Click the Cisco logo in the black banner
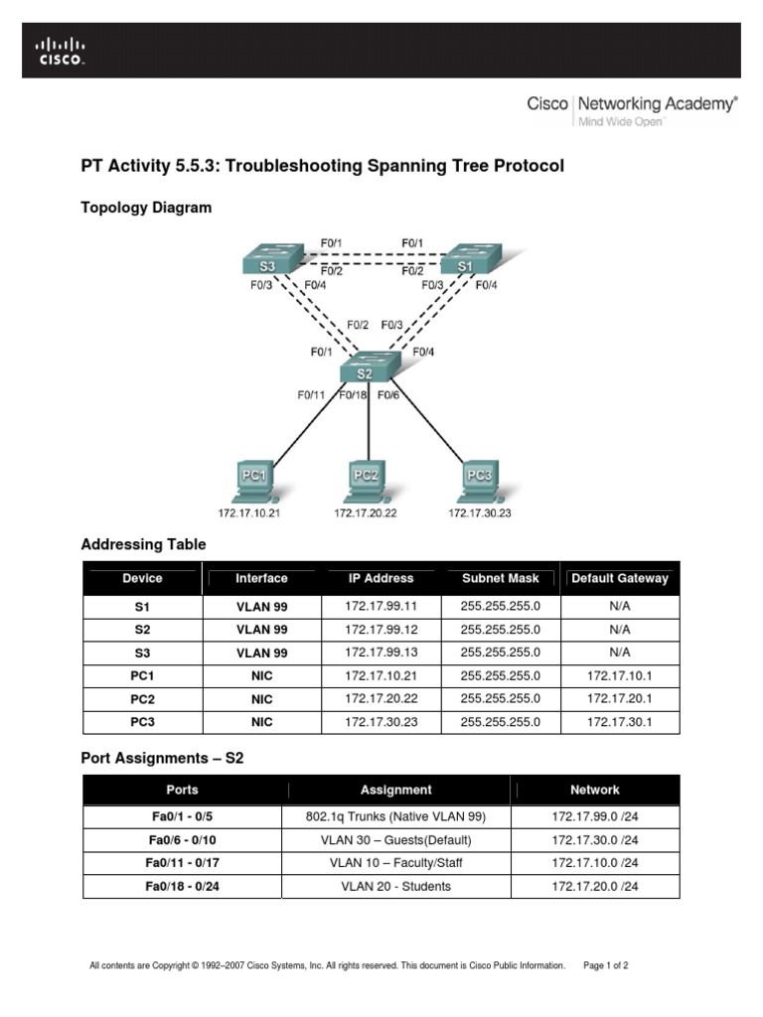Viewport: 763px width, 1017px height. (x=61, y=51)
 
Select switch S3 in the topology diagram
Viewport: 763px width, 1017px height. (x=269, y=261)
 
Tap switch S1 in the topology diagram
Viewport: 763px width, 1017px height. (x=466, y=261)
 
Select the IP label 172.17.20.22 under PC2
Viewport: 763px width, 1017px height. (x=366, y=513)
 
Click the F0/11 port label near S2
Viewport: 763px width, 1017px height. (x=311, y=395)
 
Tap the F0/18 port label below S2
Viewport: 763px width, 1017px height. (x=352, y=395)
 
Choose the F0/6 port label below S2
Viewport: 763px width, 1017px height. (x=387, y=395)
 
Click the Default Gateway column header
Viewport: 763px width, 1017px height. (x=620, y=578)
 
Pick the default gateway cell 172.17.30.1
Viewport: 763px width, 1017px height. (x=620, y=722)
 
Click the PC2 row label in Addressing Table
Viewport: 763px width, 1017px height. (x=142, y=699)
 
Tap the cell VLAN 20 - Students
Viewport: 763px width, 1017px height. (x=395, y=886)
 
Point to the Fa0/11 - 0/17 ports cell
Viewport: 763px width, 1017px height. (x=182, y=863)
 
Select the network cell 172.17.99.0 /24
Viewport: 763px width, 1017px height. (x=595, y=817)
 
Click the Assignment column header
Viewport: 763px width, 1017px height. (x=395, y=791)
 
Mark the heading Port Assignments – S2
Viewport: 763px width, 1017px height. (x=162, y=758)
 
